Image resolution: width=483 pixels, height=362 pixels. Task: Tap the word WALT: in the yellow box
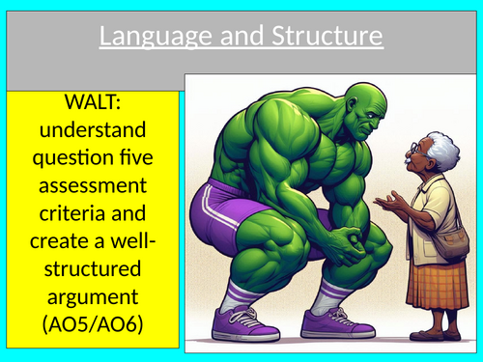[94, 102]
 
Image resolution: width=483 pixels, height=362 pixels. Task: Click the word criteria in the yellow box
[94, 209]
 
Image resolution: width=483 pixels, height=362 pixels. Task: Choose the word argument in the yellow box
[94, 291]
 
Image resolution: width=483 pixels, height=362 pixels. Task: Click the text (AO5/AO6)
[94, 318]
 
